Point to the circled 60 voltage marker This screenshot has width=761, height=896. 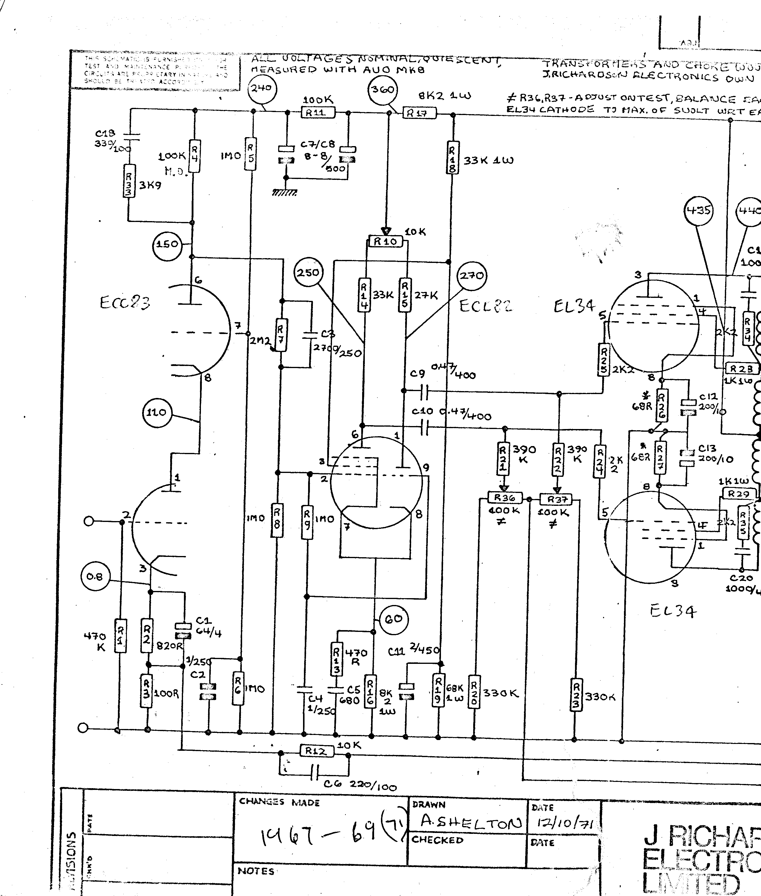coord(393,619)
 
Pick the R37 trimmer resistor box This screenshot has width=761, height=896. coord(556,499)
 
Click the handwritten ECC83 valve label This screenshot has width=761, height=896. coord(125,303)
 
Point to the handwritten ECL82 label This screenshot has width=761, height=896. coord(486,306)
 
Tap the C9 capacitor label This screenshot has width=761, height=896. coord(417,374)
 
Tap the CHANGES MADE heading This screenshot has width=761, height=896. coord(279,802)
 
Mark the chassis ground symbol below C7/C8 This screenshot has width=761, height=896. coord(284,192)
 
